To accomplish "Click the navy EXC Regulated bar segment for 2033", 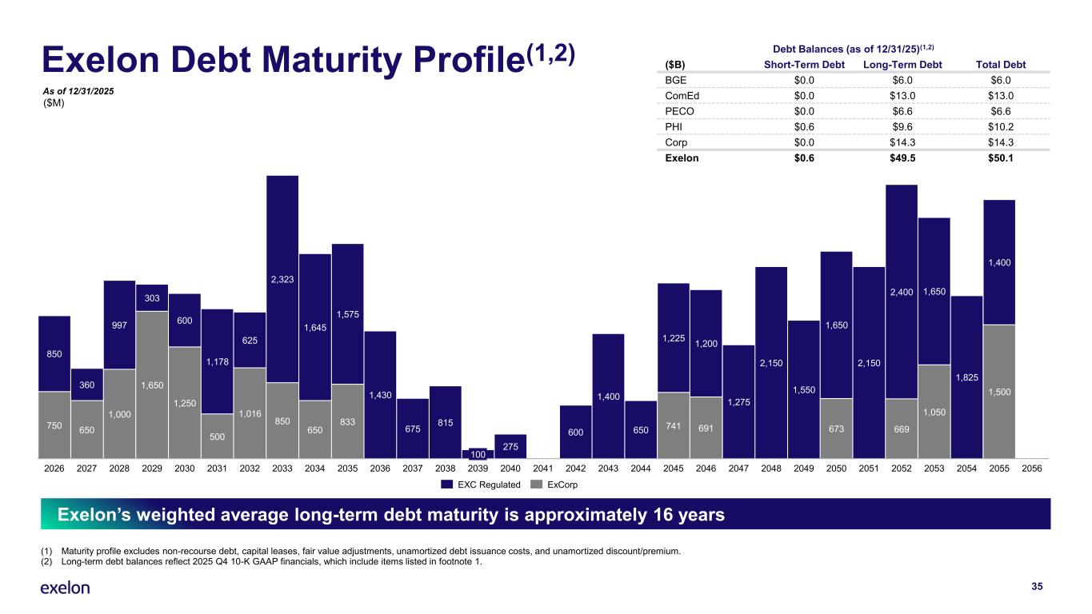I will click(x=282, y=278).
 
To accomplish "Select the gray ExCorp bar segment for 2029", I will click(x=152, y=386).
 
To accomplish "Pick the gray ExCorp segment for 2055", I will click(x=999, y=393).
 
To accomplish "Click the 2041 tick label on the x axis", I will click(x=543, y=470).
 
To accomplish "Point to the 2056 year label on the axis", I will click(x=1032, y=470).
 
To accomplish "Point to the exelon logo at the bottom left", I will click(x=65, y=588).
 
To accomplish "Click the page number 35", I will click(x=1038, y=587).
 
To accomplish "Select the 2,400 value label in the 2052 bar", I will click(x=902, y=293).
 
